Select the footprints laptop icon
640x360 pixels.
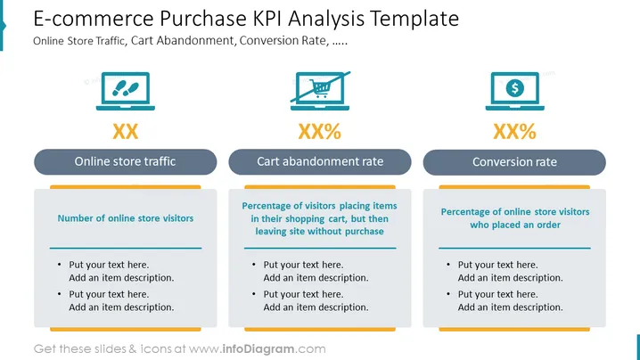pos(126,91)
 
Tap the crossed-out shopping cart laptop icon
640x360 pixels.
pos(320,91)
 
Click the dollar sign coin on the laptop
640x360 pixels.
pos(514,87)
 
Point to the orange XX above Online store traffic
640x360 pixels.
pos(126,131)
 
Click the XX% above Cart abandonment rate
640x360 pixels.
pos(320,131)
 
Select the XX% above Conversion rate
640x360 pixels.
pos(514,131)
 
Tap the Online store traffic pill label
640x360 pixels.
pos(126,161)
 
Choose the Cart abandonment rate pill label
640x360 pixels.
pos(320,161)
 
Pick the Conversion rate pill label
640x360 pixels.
pos(514,162)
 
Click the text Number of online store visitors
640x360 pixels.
pos(126,218)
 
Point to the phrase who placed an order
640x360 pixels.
pos(515,225)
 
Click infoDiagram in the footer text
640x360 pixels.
pos(258,349)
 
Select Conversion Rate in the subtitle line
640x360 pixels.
pos(283,41)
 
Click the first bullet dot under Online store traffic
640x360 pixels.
pos(60,265)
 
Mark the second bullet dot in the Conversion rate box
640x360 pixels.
pos(448,294)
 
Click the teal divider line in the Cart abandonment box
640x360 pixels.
pos(320,248)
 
